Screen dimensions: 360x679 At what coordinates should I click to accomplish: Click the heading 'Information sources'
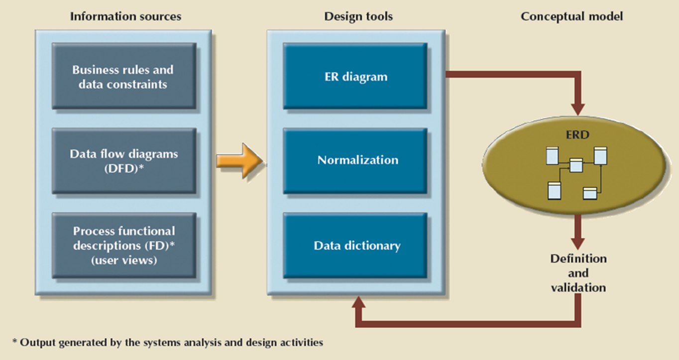(x=125, y=16)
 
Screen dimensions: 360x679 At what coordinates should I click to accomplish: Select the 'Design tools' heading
(x=358, y=16)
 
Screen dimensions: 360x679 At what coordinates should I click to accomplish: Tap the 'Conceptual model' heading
(x=571, y=16)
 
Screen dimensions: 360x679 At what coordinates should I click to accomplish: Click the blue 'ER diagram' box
(x=355, y=76)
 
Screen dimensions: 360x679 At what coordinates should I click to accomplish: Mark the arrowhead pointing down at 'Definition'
(x=577, y=242)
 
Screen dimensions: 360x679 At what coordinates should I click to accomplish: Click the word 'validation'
(x=578, y=287)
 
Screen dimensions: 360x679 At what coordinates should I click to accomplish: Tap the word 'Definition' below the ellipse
(x=578, y=259)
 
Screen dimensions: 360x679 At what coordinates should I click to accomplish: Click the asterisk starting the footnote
(x=15, y=342)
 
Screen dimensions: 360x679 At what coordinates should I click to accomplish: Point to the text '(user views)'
(x=124, y=260)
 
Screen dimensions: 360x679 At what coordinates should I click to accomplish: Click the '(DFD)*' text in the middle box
(x=124, y=168)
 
